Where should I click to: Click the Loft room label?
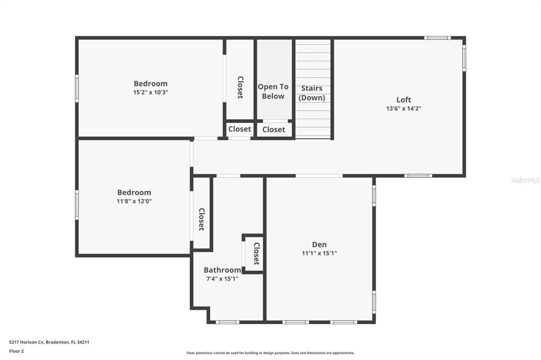pos(404,100)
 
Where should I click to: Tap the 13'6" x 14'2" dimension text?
pos(404,109)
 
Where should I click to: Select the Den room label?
pos(319,244)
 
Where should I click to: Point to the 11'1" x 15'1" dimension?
pos(319,253)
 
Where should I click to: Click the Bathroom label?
pos(222,270)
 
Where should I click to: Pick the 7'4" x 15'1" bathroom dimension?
pos(222,279)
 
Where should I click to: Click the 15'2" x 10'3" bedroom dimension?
pos(151,92)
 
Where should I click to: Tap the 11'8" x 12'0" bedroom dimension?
pos(134,201)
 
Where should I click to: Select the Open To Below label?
pos(273,91)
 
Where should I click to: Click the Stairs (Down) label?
pos(312,93)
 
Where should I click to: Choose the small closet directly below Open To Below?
pos(274,129)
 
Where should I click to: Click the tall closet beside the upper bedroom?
pos(240,87)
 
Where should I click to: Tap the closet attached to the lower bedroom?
pos(201,219)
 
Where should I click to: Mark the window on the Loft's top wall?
pos(437,38)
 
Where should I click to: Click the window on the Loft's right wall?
pos(464,58)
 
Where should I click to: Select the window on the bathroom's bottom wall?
pos(228,322)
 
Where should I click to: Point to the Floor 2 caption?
pos(16,351)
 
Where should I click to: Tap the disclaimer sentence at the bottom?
pos(270,353)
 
